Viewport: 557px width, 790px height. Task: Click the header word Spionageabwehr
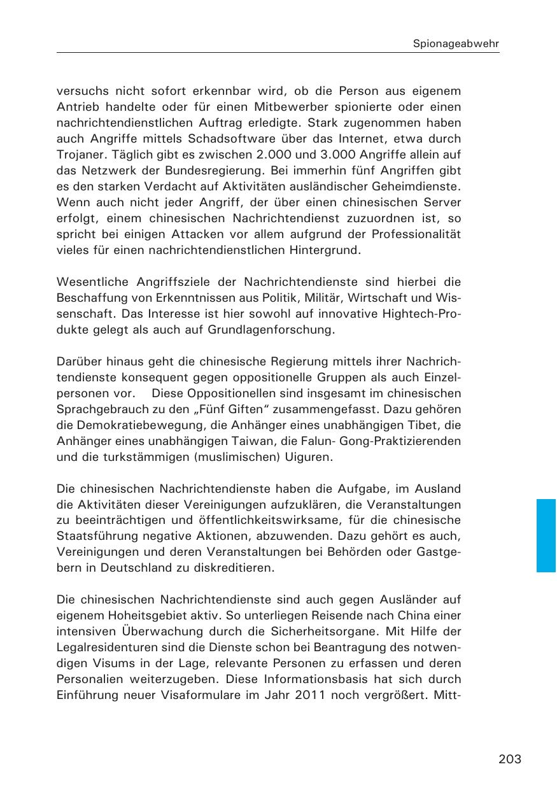point(456,44)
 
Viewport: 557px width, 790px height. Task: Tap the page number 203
point(510,759)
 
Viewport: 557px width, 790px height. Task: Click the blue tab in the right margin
point(546,535)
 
